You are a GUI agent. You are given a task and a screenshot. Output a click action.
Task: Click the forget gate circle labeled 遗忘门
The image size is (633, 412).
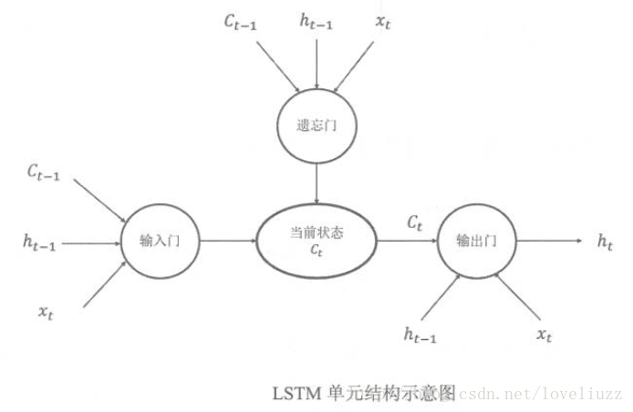click(x=315, y=125)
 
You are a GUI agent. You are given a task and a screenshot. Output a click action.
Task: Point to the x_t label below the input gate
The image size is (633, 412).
click(x=46, y=313)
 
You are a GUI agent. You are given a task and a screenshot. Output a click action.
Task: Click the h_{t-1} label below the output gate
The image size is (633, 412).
click(x=420, y=335)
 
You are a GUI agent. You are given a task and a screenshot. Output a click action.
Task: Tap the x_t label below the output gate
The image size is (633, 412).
click(x=544, y=335)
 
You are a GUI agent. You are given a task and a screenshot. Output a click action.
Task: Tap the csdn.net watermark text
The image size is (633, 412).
click(x=538, y=395)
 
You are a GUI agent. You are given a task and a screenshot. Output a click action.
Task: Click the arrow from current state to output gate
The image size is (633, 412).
click(x=407, y=241)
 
